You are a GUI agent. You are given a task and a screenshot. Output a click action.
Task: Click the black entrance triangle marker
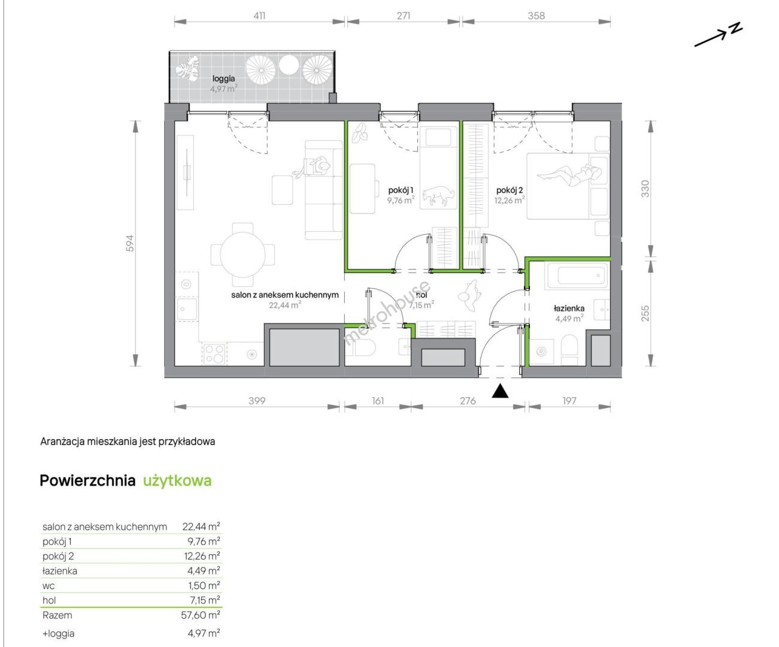(x=499, y=391)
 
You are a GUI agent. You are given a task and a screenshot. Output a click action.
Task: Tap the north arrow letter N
(x=735, y=29)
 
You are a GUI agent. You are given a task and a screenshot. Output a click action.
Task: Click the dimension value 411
(x=259, y=16)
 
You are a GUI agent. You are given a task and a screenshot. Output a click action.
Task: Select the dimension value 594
(x=129, y=243)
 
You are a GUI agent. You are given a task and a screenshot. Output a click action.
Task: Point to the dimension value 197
(x=569, y=401)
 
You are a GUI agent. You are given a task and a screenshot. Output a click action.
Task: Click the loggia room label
(x=223, y=78)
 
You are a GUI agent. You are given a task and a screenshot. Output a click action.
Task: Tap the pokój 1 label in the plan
(x=401, y=191)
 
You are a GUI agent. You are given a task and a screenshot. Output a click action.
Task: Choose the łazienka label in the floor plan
(x=569, y=309)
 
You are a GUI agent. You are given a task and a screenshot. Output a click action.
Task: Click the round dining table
(x=243, y=255)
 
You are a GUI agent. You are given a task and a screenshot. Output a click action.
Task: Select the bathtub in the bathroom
(x=577, y=276)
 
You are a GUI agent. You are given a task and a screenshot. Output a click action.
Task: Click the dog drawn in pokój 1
(x=439, y=195)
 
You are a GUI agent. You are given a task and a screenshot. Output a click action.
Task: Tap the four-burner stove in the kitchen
(x=214, y=354)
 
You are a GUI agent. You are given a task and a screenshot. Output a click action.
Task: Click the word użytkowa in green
(x=177, y=480)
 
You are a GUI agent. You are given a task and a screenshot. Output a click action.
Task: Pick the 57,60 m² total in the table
(x=201, y=615)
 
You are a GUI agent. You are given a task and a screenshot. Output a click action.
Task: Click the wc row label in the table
(x=49, y=586)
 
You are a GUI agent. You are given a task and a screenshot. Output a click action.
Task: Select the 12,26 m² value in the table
(x=202, y=557)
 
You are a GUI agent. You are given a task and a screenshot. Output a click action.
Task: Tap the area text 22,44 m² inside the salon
(x=285, y=305)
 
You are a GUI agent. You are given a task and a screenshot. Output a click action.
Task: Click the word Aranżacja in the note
(x=62, y=442)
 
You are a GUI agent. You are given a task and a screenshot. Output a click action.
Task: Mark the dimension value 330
(x=645, y=189)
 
